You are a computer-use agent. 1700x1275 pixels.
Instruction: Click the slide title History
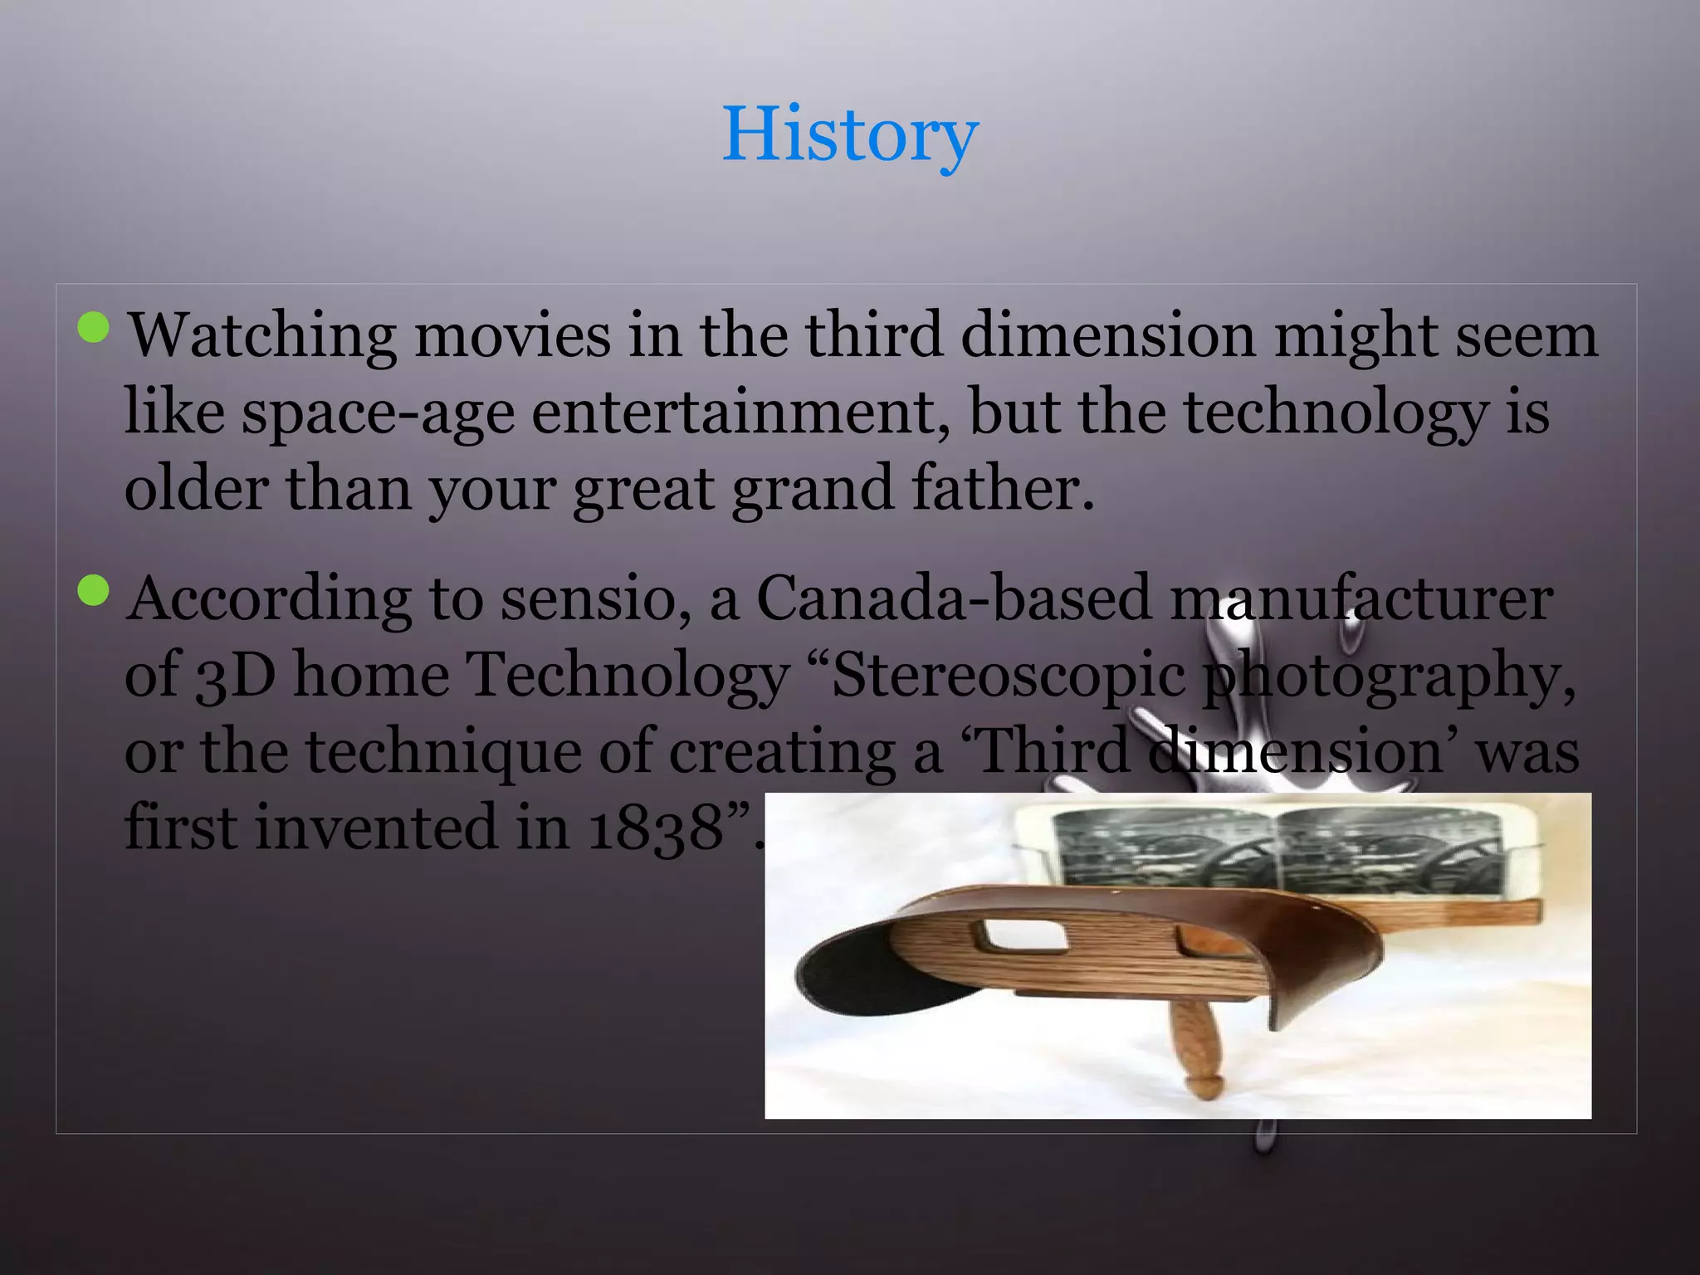click(x=850, y=134)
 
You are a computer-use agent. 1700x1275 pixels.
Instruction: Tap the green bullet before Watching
click(x=93, y=327)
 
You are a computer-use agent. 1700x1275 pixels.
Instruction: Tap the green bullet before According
click(x=93, y=591)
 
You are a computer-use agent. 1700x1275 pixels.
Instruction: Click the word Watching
click(x=262, y=337)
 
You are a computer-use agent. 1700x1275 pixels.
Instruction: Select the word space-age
click(x=378, y=413)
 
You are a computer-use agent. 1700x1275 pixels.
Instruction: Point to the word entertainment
click(x=740, y=412)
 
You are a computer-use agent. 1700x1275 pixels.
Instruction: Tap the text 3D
click(x=236, y=676)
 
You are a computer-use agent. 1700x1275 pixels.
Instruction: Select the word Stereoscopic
click(x=1008, y=676)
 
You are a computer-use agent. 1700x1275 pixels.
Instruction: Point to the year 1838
click(x=656, y=828)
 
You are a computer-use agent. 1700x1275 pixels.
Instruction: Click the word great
click(x=643, y=490)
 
